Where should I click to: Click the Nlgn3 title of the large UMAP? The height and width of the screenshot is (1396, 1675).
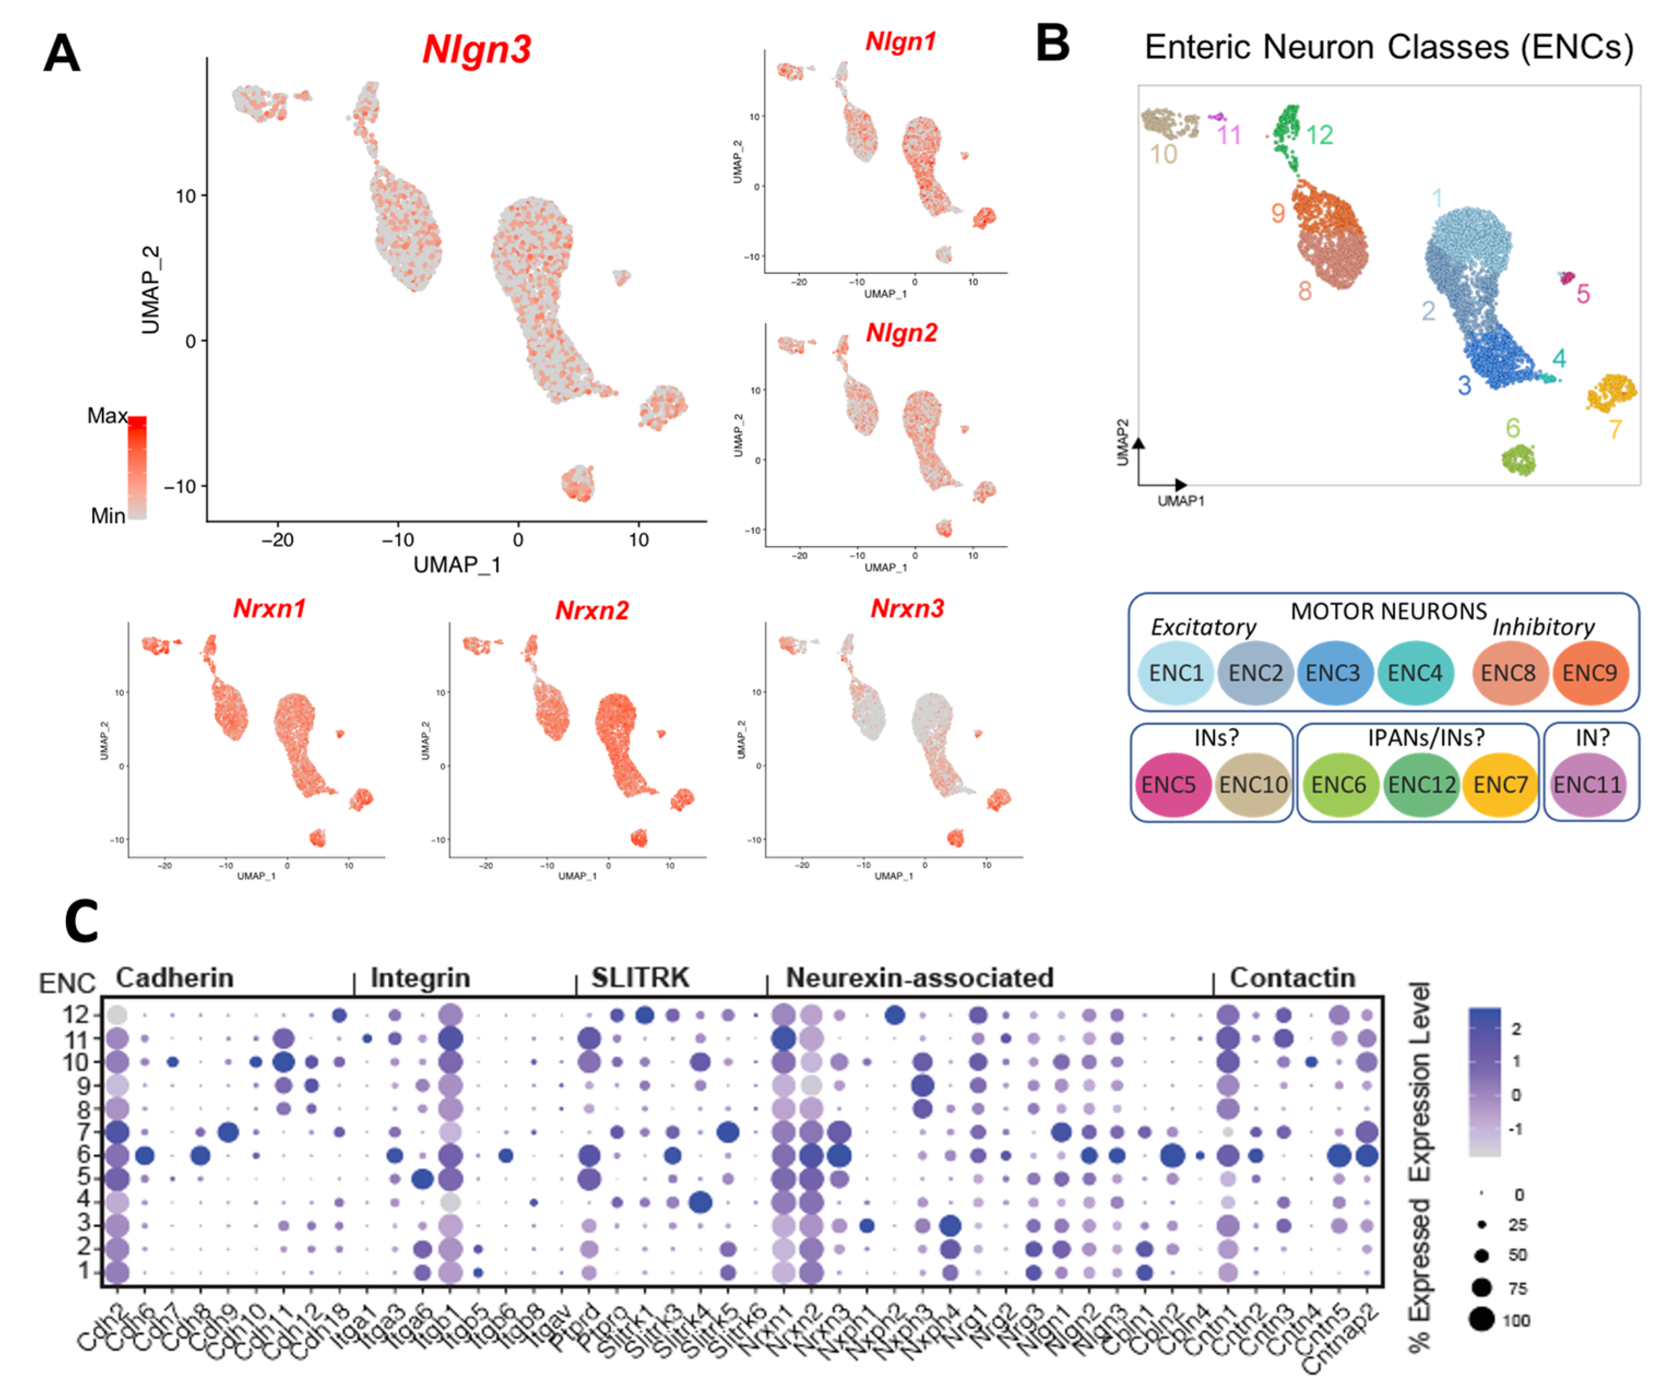click(x=476, y=50)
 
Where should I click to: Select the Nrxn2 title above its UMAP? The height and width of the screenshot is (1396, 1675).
click(x=592, y=611)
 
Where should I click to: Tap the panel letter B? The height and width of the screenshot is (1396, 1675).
click(x=1052, y=44)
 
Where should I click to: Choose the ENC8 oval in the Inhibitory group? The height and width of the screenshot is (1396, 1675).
click(x=1507, y=673)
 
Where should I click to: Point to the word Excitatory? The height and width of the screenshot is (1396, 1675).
click(x=1203, y=628)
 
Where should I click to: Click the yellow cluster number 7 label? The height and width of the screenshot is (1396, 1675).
click(x=1615, y=429)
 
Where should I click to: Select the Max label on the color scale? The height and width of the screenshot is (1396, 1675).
click(x=107, y=416)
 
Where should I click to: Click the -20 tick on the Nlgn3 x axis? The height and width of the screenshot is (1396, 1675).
click(x=277, y=540)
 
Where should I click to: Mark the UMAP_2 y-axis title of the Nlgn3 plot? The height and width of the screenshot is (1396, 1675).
click(x=151, y=290)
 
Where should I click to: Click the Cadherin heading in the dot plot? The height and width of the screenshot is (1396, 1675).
click(x=175, y=978)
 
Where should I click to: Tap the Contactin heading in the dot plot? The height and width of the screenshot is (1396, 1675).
click(x=1292, y=978)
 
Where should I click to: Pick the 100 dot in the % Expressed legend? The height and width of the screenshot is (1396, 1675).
click(x=1481, y=1321)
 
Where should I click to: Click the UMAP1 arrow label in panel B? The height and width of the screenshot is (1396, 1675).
click(x=1180, y=500)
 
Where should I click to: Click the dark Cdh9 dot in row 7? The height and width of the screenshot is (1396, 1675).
click(x=227, y=1132)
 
